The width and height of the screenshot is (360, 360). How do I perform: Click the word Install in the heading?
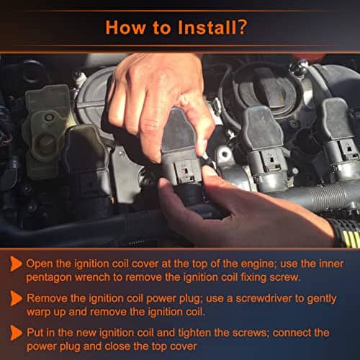207,27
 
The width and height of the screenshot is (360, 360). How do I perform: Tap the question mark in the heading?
242,27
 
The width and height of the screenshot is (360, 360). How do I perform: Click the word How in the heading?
125,27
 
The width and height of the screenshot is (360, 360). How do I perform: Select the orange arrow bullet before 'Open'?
16,264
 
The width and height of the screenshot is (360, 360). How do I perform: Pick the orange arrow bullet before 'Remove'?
16,299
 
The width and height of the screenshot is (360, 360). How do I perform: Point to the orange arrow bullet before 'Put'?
16,333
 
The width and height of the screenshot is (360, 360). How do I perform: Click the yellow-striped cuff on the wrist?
347,233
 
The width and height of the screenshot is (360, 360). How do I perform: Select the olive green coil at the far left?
45,132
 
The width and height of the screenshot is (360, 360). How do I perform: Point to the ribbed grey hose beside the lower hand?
319,197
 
